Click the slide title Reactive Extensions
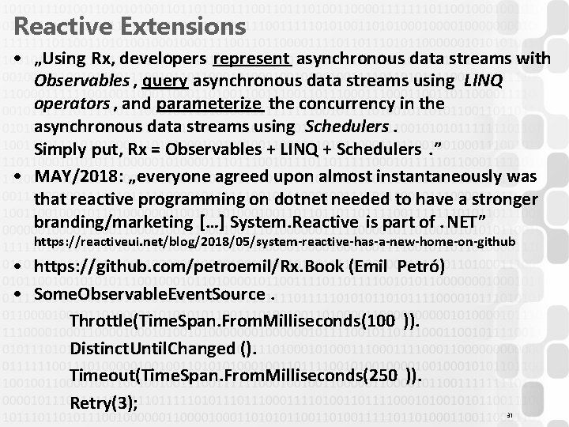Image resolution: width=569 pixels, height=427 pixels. (130, 26)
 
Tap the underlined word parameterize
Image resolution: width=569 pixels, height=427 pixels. (211, 104)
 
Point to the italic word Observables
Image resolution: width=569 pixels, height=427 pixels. (81, 82)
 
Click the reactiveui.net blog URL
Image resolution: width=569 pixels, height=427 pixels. (275, 240)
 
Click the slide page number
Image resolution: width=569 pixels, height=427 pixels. (510, 414)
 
